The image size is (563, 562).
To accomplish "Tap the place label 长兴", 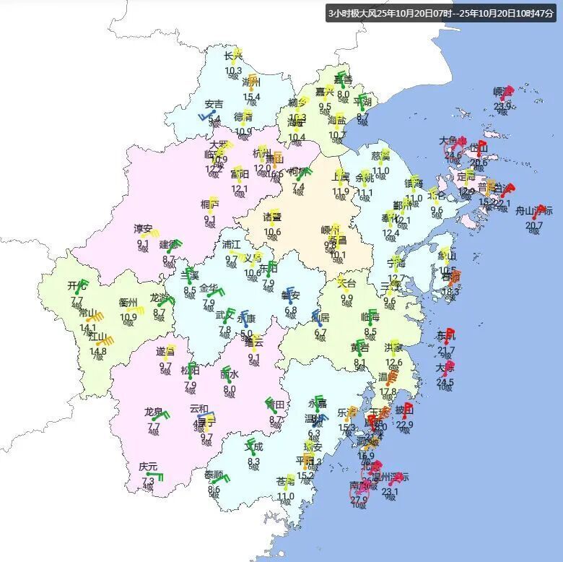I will [x=233, y=56].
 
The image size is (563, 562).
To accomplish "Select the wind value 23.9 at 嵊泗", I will [x=502, y=107].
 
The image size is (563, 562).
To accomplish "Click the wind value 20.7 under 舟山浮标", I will [x=533, y=225].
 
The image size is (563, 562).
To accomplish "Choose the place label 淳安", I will [x=143, y=229].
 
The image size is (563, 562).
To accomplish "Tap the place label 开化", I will [x=77, y=286].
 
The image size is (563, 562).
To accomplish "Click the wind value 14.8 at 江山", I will [x=98, y=352].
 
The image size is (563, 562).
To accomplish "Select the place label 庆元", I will [x=148, y=467].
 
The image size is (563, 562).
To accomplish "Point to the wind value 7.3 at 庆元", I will [x=148, y=481].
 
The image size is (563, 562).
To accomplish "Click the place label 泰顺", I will [x=214, y=475].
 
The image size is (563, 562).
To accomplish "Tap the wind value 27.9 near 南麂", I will [x=359, y=499].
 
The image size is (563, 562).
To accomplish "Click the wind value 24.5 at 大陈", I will [x=445, y=383].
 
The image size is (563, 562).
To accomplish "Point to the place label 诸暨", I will [x=272, y=217].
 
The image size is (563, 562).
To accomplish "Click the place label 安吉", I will [x=214, y=104].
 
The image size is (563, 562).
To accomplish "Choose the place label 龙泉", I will [x=153, y=412].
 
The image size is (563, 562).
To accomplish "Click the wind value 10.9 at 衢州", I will [x=128, y=316].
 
